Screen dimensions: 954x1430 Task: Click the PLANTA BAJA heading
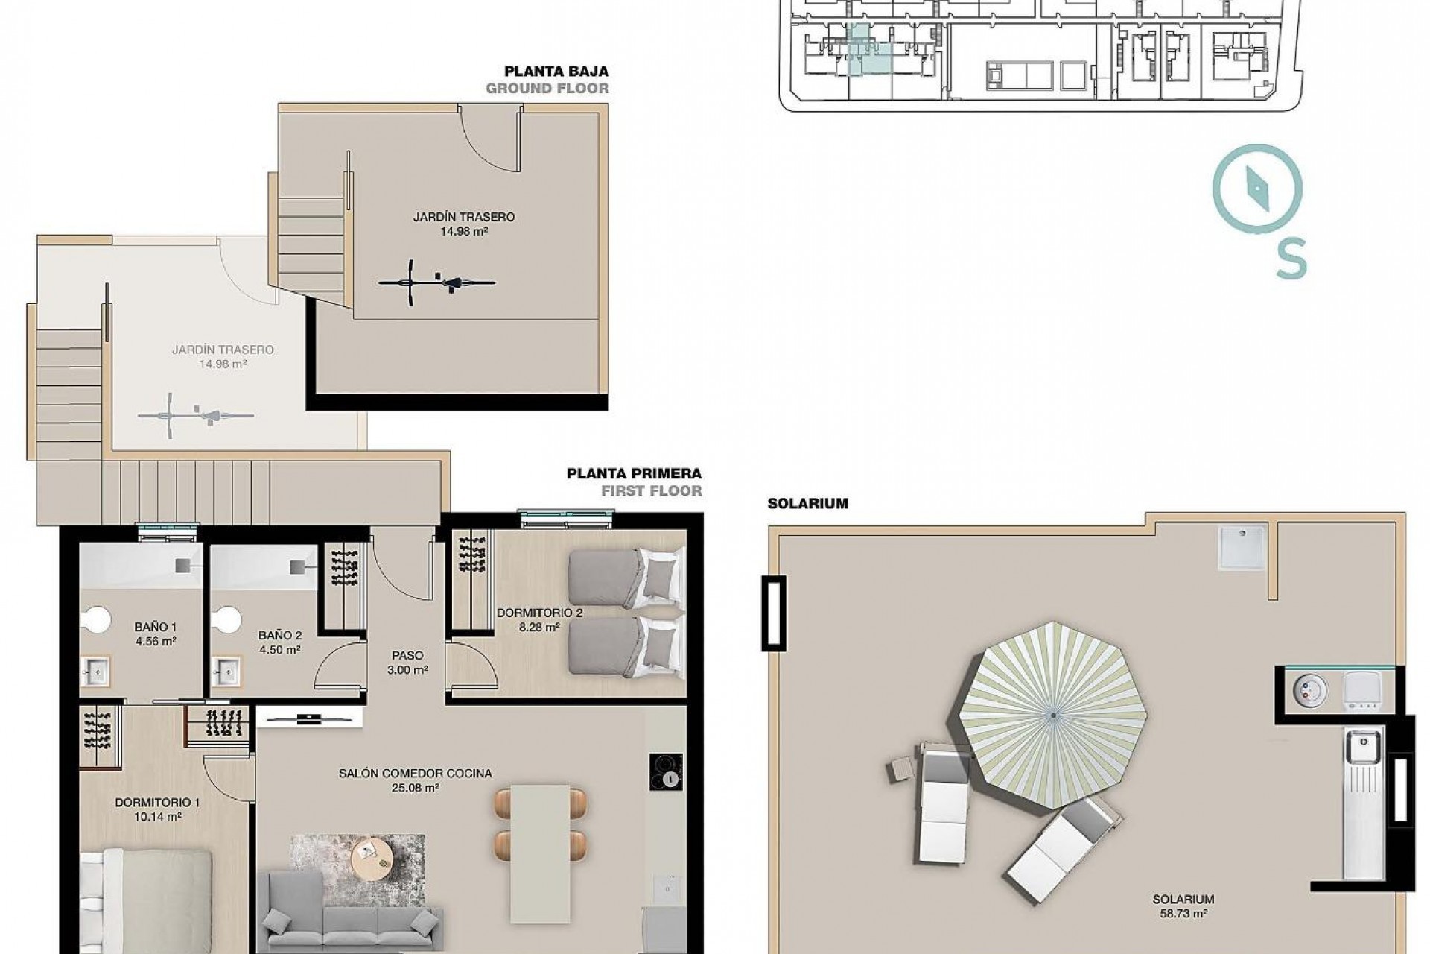[x=556, y=72]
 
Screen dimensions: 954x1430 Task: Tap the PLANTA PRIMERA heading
[x=634, y=473]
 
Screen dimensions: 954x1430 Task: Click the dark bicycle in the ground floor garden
[x=436, y=282]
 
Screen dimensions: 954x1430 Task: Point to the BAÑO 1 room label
[x=156, y=628]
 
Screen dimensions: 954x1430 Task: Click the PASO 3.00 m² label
[x=407, y=663]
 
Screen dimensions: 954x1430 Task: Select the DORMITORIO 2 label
[x=539, y=613]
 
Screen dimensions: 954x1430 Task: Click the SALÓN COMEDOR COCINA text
[x=415, y=774]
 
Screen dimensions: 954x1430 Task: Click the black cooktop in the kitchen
[x=667, y=771]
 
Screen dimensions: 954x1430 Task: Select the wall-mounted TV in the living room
[x=309, y=718]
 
